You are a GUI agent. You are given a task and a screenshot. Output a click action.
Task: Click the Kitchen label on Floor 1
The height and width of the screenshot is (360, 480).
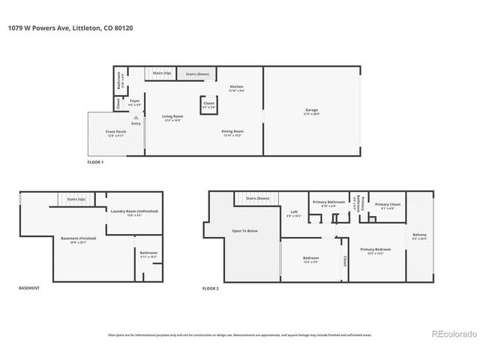[237, 88]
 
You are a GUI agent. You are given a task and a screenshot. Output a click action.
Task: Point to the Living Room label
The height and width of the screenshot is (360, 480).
[173, 116]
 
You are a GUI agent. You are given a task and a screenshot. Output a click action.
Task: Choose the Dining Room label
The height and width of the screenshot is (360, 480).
[232, 132]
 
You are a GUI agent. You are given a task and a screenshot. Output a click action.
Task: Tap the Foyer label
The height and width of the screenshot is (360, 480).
[134, 100]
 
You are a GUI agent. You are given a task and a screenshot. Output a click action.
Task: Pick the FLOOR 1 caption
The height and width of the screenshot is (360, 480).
[95, 162]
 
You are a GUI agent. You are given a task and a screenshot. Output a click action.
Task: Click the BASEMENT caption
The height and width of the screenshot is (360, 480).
[28, 288]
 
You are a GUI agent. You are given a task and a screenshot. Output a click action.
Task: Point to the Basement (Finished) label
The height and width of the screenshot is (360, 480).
[73, 239]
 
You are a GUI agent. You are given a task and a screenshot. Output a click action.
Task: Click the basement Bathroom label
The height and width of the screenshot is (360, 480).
[148, 253]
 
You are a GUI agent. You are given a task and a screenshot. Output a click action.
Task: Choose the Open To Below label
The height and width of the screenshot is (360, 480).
[244, 231]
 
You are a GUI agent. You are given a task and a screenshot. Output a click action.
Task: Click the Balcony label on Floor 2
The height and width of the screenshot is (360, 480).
[420, 235]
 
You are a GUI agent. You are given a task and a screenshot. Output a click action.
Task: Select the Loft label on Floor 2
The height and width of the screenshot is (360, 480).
[294, 212]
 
